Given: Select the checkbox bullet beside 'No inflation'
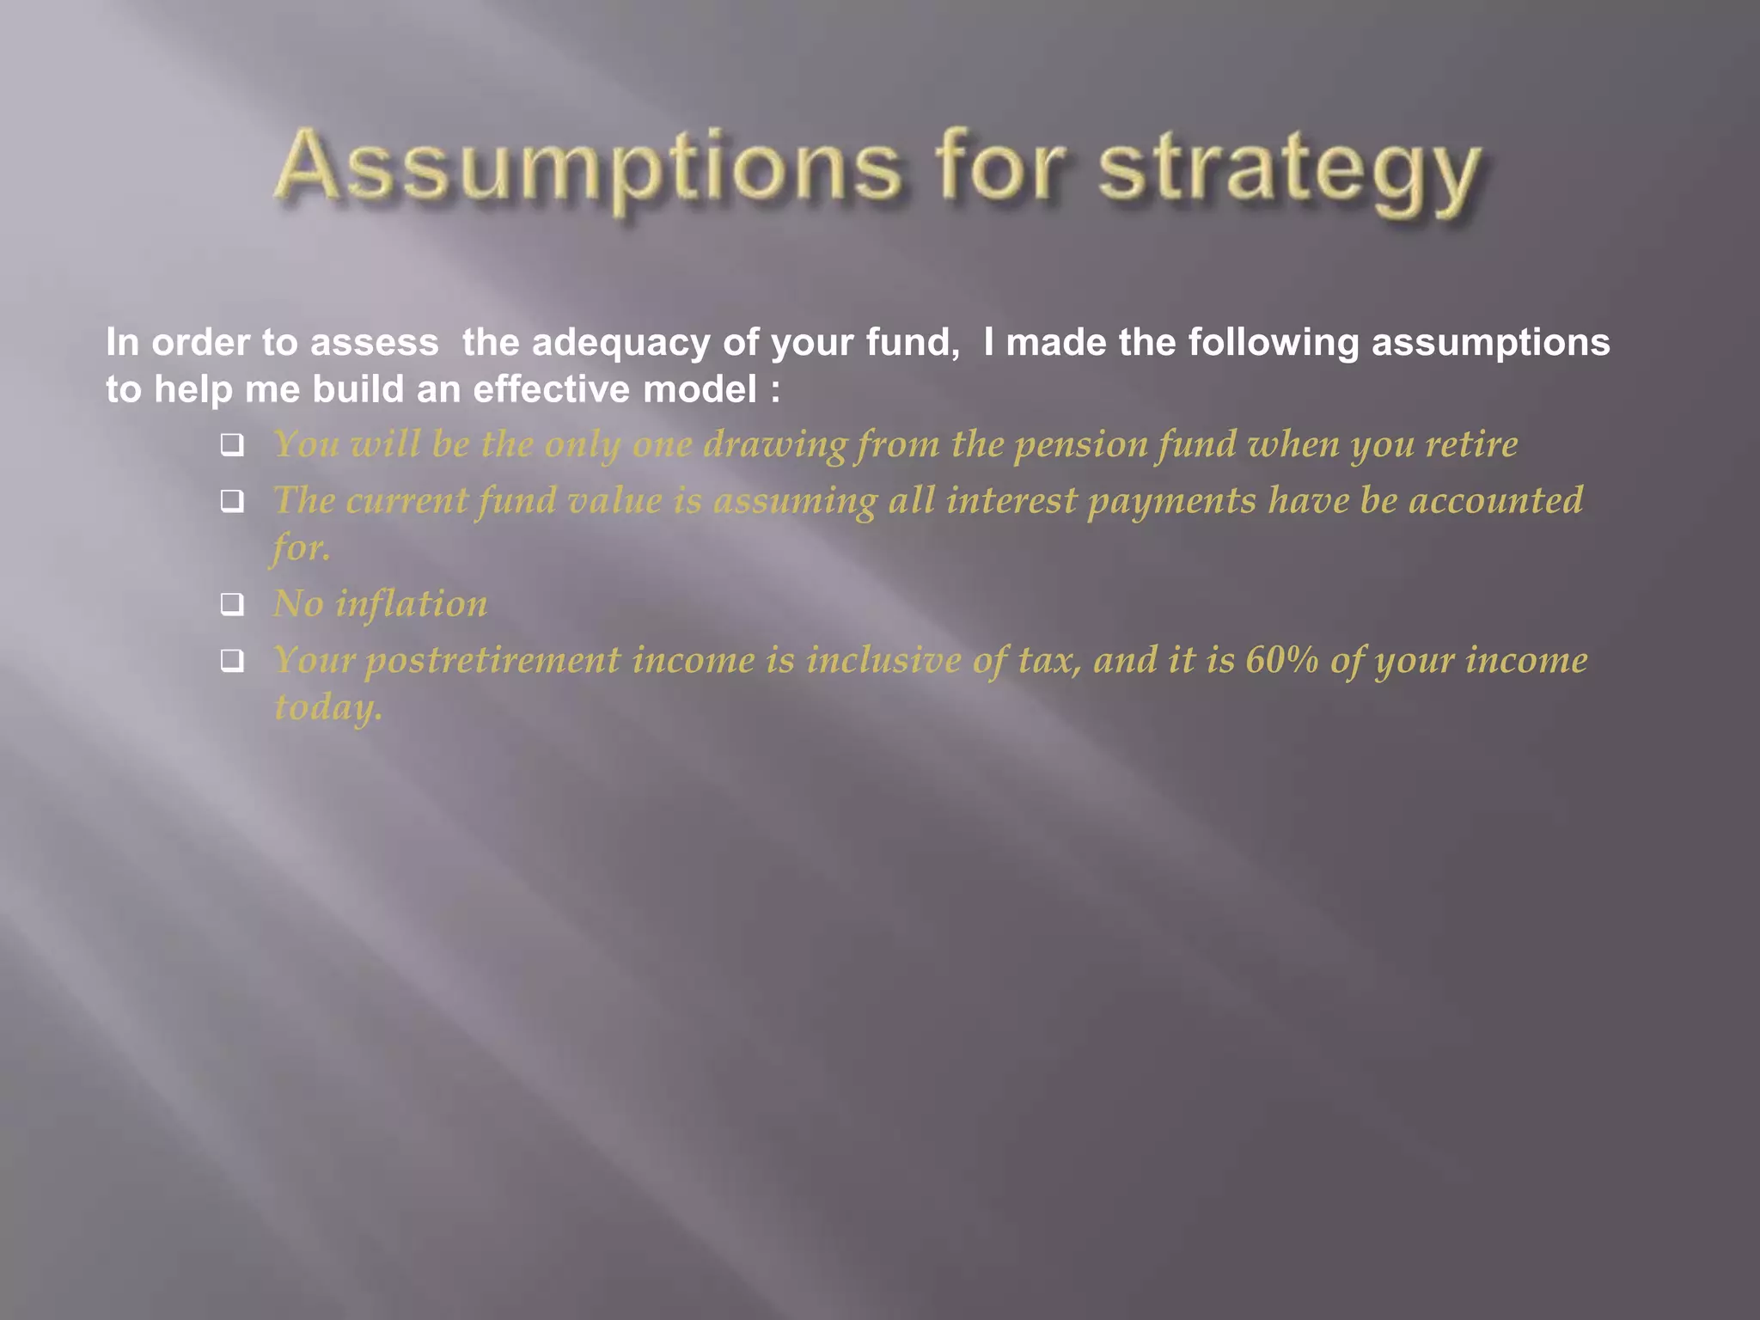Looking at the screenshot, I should click(232, 604).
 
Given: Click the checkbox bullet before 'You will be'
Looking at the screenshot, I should click(232, 445).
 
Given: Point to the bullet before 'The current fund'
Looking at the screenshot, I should click(232, 501).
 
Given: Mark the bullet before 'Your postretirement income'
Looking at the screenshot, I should click(232, 660).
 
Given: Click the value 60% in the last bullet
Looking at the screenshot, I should click(1281, 660).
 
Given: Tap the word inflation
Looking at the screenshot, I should click(411, 603).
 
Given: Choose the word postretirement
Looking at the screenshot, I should click(492, 661).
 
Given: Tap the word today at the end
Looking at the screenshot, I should click(327, 708).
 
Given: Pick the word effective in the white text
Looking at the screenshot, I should click(551, 389).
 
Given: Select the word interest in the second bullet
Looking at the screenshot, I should click(1011, 501).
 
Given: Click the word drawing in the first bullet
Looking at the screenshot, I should click(775, 445).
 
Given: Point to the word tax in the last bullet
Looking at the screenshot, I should click(1049, 660).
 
